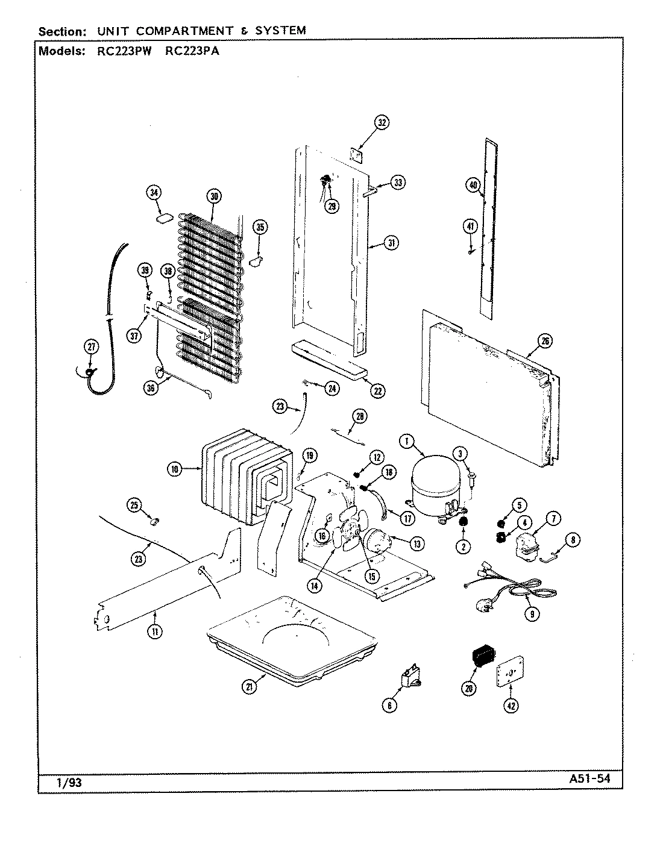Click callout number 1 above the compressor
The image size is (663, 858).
point(407,442)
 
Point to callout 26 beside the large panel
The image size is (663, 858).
point(544,342)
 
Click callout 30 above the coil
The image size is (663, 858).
point(213,195)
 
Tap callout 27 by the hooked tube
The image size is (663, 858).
point(90,346)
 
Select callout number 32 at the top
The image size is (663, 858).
point(382,122)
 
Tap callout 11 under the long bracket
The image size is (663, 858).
point(155,631)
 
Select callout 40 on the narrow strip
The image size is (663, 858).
point(473,185)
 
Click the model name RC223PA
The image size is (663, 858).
point(192,51)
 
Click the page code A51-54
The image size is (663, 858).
point(589,778)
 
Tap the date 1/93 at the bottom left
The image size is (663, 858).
point(60,782)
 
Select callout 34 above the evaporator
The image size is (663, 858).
point(154,193)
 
